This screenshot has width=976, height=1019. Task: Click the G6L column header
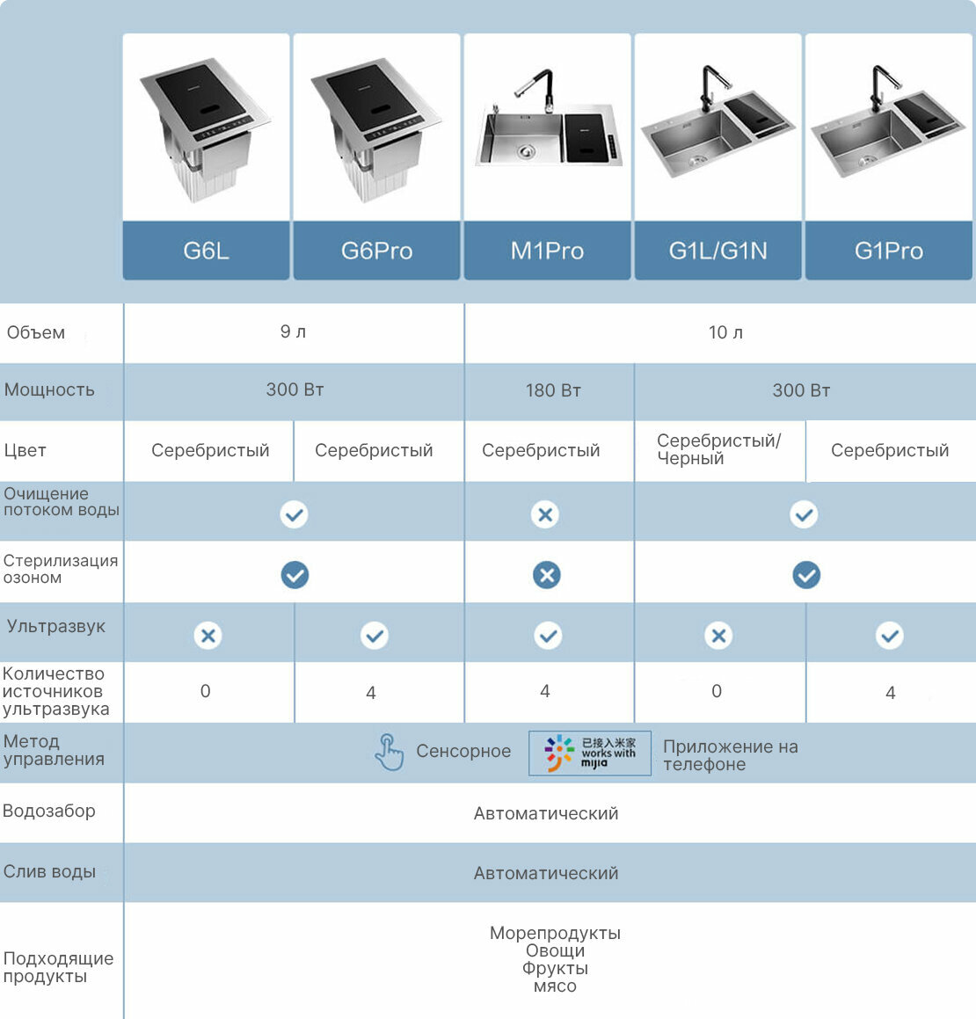(206, 251)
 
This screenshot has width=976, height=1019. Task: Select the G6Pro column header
(376, 251)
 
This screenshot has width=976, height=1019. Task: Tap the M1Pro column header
(547, 251)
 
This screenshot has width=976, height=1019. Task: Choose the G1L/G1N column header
(717, 251)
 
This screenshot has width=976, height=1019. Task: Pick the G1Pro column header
(888, 251)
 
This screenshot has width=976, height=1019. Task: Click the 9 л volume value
(293, 331)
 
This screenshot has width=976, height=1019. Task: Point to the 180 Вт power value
(553, 390)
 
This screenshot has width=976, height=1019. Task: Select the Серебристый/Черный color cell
(718, 449)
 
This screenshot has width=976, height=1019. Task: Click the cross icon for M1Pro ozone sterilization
(547, 575)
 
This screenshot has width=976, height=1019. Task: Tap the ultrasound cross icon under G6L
(208, 635)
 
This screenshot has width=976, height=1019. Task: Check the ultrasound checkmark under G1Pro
(890, 635)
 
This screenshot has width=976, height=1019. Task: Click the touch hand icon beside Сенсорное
(389, 753)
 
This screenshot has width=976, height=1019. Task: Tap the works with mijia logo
(590, 753)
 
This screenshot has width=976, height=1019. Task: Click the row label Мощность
(49, 389)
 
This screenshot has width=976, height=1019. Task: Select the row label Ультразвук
(56, 626)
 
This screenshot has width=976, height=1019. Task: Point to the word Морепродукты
(555, 933)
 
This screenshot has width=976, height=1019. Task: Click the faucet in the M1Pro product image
(538, 88)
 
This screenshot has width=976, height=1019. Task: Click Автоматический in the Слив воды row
(546, 873)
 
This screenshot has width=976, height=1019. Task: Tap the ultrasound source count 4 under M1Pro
(545, 691)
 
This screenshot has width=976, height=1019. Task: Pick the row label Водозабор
(49, 811)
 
